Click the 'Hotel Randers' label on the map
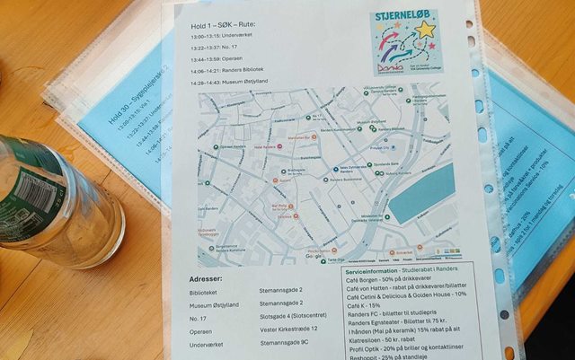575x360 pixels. tap(266, 146)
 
